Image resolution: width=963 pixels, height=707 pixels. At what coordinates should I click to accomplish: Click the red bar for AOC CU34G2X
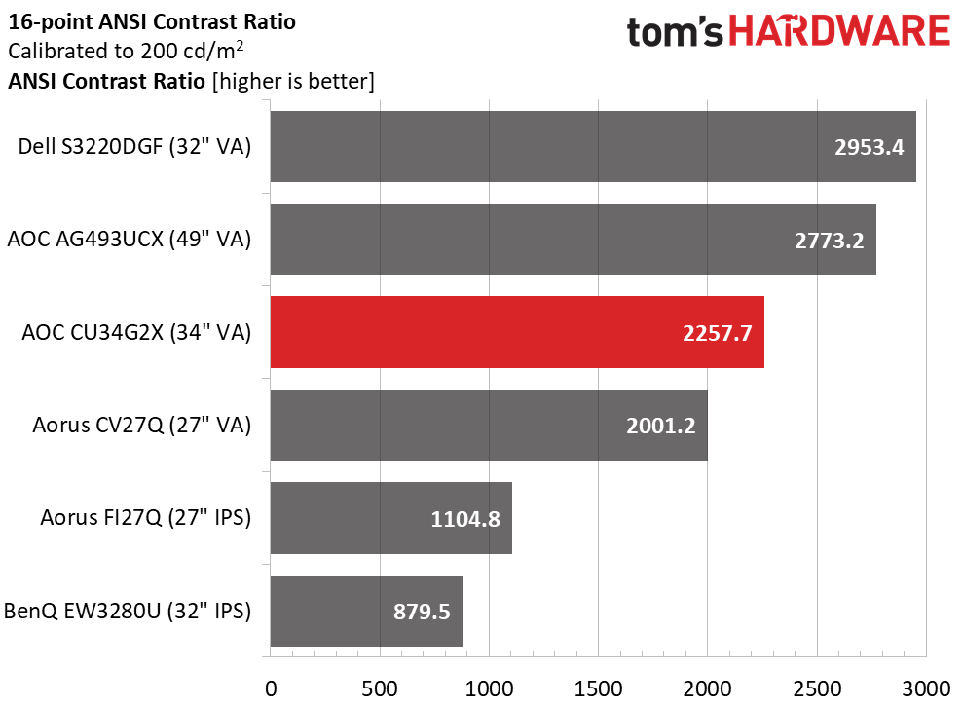[516, 332]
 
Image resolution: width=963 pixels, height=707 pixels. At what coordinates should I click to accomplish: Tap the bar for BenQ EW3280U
[365, 611]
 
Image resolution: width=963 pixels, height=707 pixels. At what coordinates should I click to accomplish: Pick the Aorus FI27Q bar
[390, 518]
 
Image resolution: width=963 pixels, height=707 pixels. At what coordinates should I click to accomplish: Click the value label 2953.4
[870, 147]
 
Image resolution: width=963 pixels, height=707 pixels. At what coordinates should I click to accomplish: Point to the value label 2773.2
[830, 240]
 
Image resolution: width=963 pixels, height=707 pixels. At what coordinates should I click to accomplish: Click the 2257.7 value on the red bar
[718, 333]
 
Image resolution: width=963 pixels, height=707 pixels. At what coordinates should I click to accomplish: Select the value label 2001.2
[661, 426]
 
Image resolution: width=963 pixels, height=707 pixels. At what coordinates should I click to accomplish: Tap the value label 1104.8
[465, 519]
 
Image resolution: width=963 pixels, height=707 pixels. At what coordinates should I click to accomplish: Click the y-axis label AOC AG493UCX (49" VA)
[129, 240]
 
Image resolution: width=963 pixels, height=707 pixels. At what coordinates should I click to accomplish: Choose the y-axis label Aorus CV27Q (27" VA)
[141, 426]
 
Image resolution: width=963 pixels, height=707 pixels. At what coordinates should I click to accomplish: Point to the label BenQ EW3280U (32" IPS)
[128, 612]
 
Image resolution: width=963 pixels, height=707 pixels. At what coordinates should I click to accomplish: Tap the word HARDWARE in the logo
[840, 32]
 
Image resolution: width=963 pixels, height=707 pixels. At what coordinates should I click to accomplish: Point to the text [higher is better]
[293, 82]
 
